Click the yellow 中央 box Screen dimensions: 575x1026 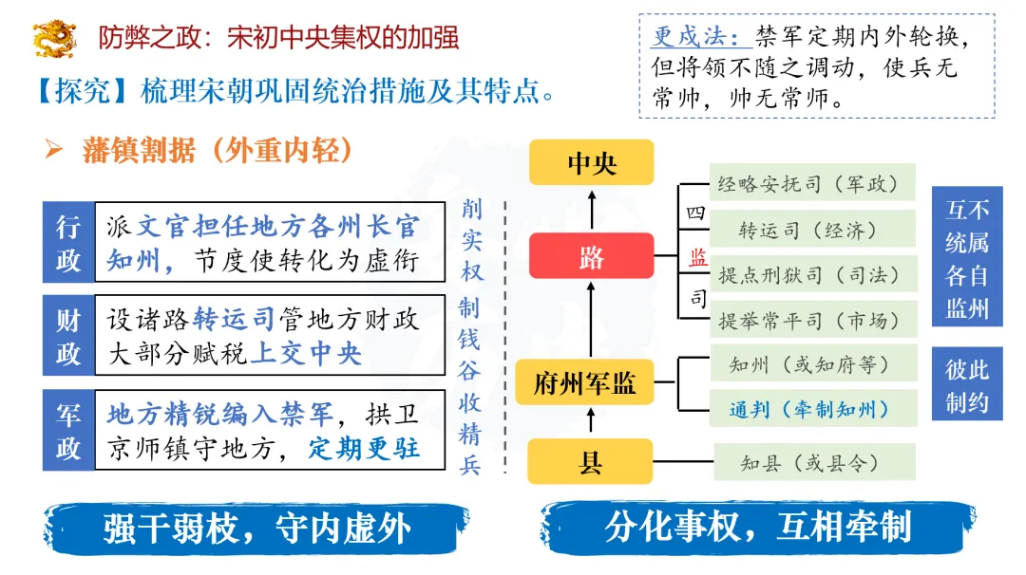coord(591,162)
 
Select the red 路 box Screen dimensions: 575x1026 coord(591,256)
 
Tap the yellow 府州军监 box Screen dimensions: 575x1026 coord(585,383)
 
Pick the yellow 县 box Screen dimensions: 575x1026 coord(591,463)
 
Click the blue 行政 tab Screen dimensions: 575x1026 coord(68,243)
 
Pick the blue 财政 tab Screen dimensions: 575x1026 coord(68,336)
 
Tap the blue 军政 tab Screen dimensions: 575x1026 coord(68,431)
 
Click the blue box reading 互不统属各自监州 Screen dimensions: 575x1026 coord(967,257)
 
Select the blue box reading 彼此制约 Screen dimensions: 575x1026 coord(967,385)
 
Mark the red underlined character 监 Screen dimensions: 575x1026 coord(697,257)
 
